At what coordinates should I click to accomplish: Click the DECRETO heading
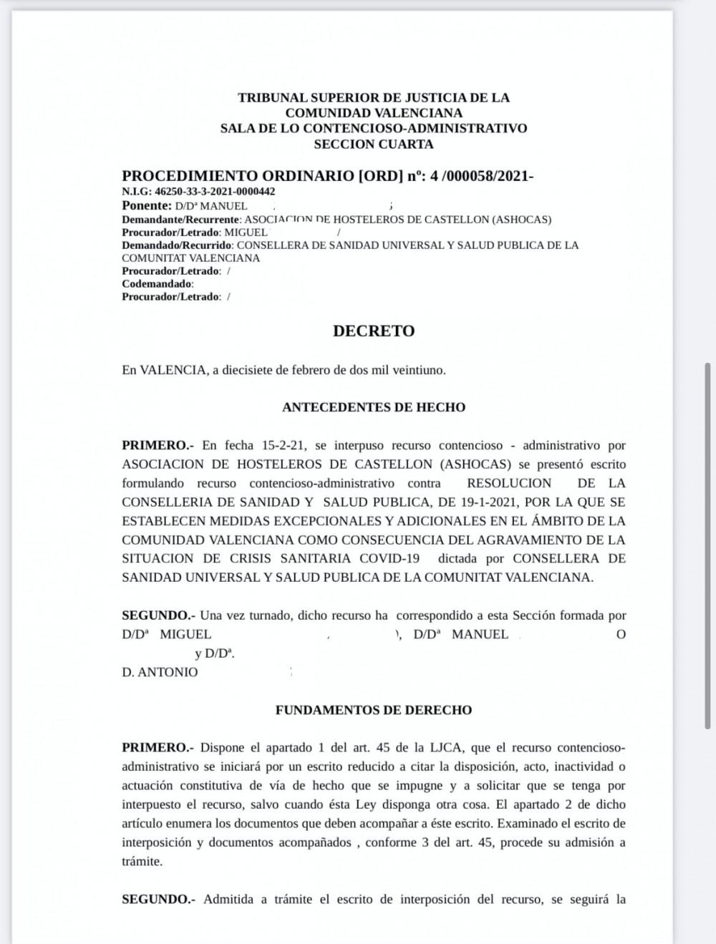click(374, 331)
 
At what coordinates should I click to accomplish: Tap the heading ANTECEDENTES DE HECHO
click(374, 407)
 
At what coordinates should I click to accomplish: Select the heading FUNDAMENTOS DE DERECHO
click(374, 710)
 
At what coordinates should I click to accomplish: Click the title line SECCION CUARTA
click(374, 144)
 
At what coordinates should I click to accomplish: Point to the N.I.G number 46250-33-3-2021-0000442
click(215, 192)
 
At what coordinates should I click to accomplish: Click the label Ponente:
click(146, 205)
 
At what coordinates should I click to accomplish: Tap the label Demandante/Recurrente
click(181, 220)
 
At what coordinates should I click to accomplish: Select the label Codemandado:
click(158, 283)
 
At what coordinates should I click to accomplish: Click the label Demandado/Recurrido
click(177, 245)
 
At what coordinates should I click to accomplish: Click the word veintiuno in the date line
click(420, 370)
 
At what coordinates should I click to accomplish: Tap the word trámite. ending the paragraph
click(142, 861)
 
